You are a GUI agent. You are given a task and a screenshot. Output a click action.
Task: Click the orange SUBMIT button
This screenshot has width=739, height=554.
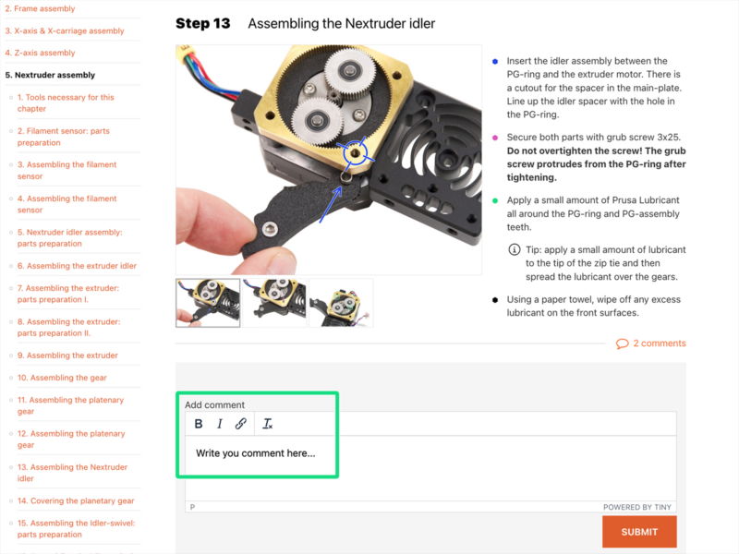639,532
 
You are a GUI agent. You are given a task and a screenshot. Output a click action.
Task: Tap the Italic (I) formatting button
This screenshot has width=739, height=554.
220,424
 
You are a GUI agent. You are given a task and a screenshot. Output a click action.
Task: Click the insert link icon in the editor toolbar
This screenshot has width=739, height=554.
240,424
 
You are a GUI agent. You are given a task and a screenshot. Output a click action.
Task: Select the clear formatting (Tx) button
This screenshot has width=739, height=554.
268,424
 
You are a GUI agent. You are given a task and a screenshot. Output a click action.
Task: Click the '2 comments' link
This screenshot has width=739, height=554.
651,343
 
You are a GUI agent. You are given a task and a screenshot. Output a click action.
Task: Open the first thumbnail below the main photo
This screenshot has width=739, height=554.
208,303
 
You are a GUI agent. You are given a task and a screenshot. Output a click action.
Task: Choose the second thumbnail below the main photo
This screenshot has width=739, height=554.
274,303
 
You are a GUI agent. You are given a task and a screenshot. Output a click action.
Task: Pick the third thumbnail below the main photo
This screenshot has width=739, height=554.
341,303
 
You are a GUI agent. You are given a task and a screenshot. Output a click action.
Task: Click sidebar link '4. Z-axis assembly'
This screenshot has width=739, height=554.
44,53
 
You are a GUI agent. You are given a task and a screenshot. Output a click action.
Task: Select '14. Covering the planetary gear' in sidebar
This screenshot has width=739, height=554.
76,500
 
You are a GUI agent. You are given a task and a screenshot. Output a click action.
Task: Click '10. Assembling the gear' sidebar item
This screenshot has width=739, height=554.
63,378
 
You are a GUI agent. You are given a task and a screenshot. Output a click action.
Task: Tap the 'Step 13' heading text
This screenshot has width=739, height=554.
202,23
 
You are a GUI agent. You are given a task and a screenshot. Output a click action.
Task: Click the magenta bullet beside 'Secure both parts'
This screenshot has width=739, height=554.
495,137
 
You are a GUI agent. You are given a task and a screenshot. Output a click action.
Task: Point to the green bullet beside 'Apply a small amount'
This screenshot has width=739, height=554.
495,200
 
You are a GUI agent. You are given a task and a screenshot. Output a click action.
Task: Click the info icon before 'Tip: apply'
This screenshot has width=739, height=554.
514,250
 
